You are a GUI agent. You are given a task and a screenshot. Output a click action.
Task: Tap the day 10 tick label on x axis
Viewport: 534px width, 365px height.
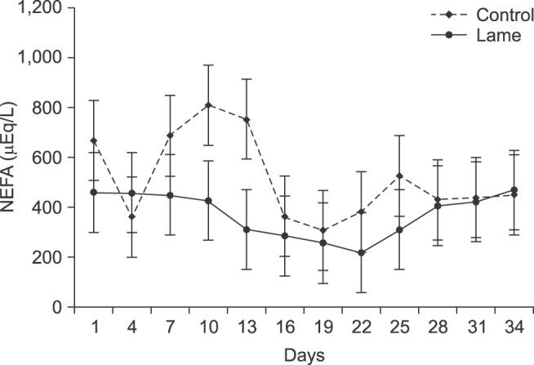pos(209,327)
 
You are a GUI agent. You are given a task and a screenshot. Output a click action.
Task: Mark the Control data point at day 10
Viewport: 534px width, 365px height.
pos(209,105)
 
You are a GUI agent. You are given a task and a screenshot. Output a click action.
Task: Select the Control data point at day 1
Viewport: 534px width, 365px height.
pos(94,140)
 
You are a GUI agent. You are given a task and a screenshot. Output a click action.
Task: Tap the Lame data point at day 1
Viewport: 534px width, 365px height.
pos(94,193)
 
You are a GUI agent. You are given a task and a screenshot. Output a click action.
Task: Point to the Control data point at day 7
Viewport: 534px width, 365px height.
pos(171,135)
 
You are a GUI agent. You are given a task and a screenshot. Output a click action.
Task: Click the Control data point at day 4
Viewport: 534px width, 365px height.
pos(132,216)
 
